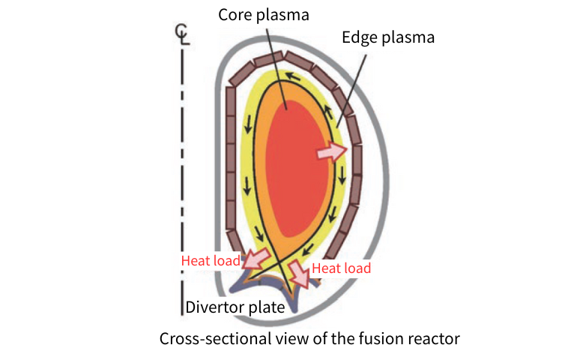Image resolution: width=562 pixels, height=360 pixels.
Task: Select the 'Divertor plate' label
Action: pos(235,307)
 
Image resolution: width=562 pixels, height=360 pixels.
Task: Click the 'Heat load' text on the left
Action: pos(211,261)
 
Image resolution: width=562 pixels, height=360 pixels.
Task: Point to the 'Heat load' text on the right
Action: pos(341,268)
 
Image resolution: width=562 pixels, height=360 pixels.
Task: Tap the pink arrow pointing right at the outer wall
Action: pos(333,152)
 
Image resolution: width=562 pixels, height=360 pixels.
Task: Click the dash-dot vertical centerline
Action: pos(182,187)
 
